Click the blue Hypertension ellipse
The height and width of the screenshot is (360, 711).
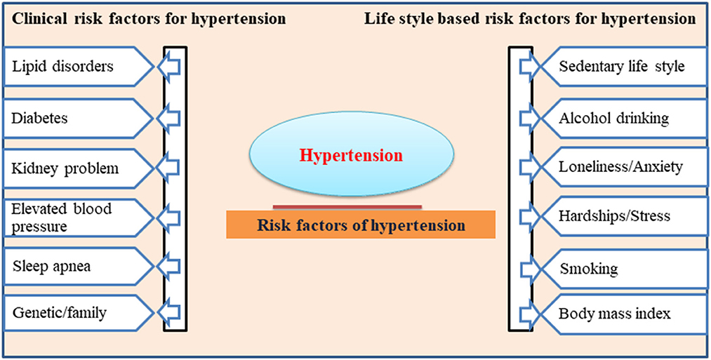pos(351,154)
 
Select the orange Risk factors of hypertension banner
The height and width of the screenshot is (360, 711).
pos(361,224)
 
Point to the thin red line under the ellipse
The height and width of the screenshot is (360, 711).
pos(347,207)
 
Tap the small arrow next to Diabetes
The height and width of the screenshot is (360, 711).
pos(168,119)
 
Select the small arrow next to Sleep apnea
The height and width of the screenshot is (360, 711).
pos(168,266)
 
